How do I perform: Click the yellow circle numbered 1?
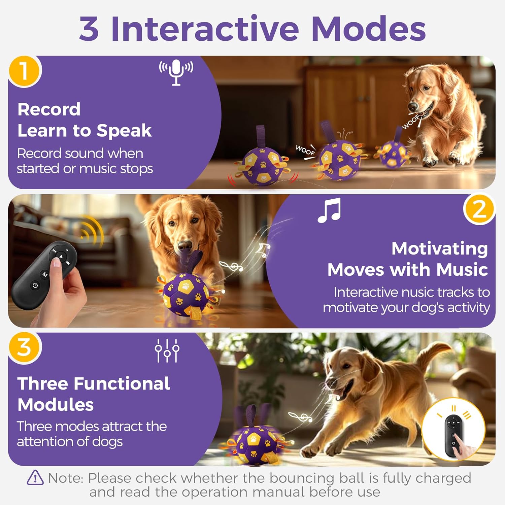pyautogui.click(x=24, y=71)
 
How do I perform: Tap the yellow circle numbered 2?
pyautogui.click(x=479, y=210)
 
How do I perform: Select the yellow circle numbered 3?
pyautogui.click(x=24, y=347)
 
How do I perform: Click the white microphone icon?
pyautogui.click(x=176, y=72)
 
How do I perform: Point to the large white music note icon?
pyautogui.click(x=329, y=210)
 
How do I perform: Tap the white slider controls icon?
pyautogui.click(x=167, y=350)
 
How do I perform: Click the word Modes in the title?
pyautogui.click(x=369, y=29)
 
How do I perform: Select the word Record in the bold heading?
pyautogui.click(x=49, y=109)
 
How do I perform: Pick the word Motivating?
pyautogui.click(x=439, y=248)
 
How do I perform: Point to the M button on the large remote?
pyautogui.click(x=45, y=275)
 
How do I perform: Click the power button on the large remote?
pyautogui.click(x=35, y=286)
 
